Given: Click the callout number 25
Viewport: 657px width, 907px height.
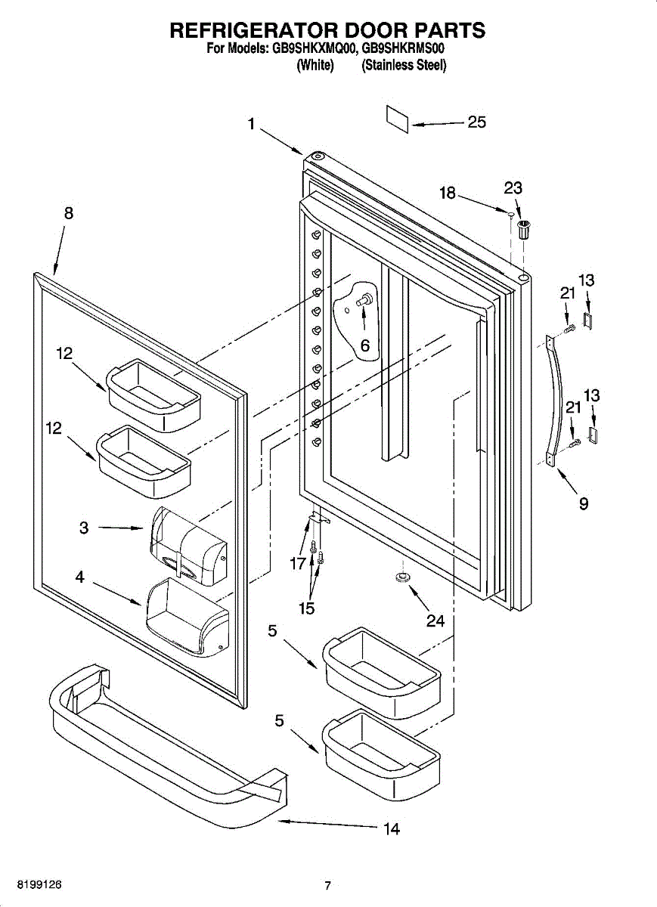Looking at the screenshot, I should (x=476, y=122).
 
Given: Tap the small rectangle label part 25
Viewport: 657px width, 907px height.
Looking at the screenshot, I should (x=398, y=119).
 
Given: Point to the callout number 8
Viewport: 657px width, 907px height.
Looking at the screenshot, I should (x=69, y=213).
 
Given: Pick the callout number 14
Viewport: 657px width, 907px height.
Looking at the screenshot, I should (x=391, y=829).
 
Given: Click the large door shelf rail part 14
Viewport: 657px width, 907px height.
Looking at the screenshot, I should (x=166, y=756).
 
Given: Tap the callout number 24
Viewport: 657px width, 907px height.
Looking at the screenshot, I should (x=435, y=621).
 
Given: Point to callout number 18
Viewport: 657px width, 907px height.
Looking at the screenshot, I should (x=448, y=193).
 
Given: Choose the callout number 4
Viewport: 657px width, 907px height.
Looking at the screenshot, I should (x=79, y=577).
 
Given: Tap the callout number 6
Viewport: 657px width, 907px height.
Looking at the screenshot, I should (x=364, y=345).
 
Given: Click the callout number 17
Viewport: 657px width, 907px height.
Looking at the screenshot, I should (x=297, y=562).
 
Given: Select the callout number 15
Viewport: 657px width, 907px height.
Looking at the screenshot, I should (x=306, y=608).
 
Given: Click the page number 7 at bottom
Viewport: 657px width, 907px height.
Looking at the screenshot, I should (x=327, y=886).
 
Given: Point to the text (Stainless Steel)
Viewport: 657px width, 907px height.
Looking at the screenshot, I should (x=404, y=66).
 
